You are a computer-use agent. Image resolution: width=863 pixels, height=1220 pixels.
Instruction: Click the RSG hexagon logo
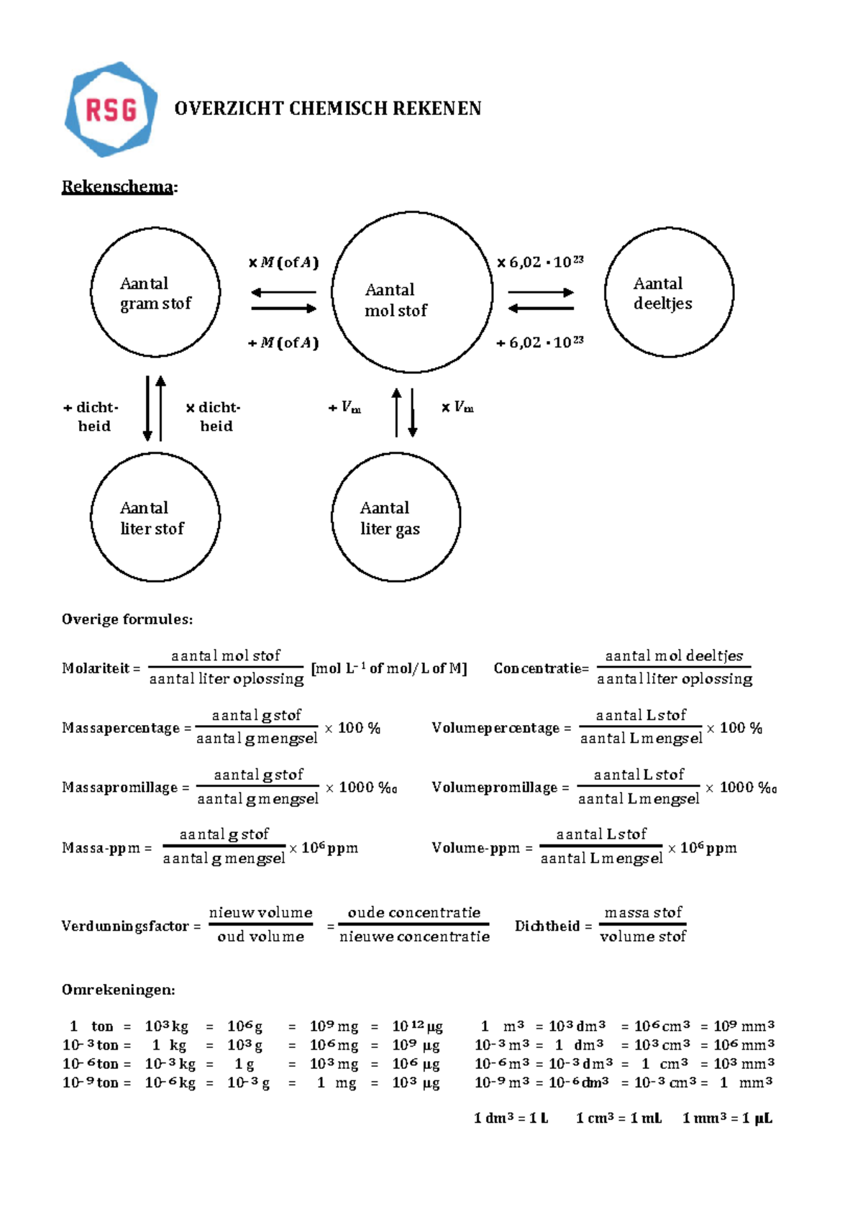[111, 109]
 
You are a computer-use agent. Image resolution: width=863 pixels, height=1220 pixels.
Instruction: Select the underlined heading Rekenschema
[117, 187]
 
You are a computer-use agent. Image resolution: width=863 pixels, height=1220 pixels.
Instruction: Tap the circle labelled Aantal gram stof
[155, 292]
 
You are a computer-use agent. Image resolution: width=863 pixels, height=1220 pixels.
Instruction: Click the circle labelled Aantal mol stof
[412, 292]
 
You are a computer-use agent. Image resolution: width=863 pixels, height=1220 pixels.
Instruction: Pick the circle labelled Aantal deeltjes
[669, 292]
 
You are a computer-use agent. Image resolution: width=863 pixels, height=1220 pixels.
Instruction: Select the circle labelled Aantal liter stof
[155, 516]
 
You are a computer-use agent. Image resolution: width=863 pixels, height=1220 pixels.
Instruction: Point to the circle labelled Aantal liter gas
[396, 516]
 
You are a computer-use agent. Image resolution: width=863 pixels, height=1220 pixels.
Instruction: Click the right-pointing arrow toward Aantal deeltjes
[541, 292]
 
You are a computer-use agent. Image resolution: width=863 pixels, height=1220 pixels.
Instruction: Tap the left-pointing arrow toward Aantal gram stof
[283, 292]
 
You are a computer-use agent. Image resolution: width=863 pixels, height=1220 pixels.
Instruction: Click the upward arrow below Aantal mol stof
[396, 413]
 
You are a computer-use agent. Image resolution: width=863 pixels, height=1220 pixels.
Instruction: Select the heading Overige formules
[127, 619]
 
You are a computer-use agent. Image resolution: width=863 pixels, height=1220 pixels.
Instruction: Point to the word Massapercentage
[121, 728]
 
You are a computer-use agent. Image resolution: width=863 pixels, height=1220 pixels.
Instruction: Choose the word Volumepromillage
[495, 788]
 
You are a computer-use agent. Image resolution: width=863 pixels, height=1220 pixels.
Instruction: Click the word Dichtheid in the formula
[547, 926]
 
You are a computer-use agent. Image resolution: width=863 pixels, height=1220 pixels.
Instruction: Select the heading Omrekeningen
[118, 990]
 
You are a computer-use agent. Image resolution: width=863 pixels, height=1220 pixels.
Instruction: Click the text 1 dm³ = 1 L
[511, 1118]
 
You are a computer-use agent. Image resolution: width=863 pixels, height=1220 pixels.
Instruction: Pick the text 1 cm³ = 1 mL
[618, 1118]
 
